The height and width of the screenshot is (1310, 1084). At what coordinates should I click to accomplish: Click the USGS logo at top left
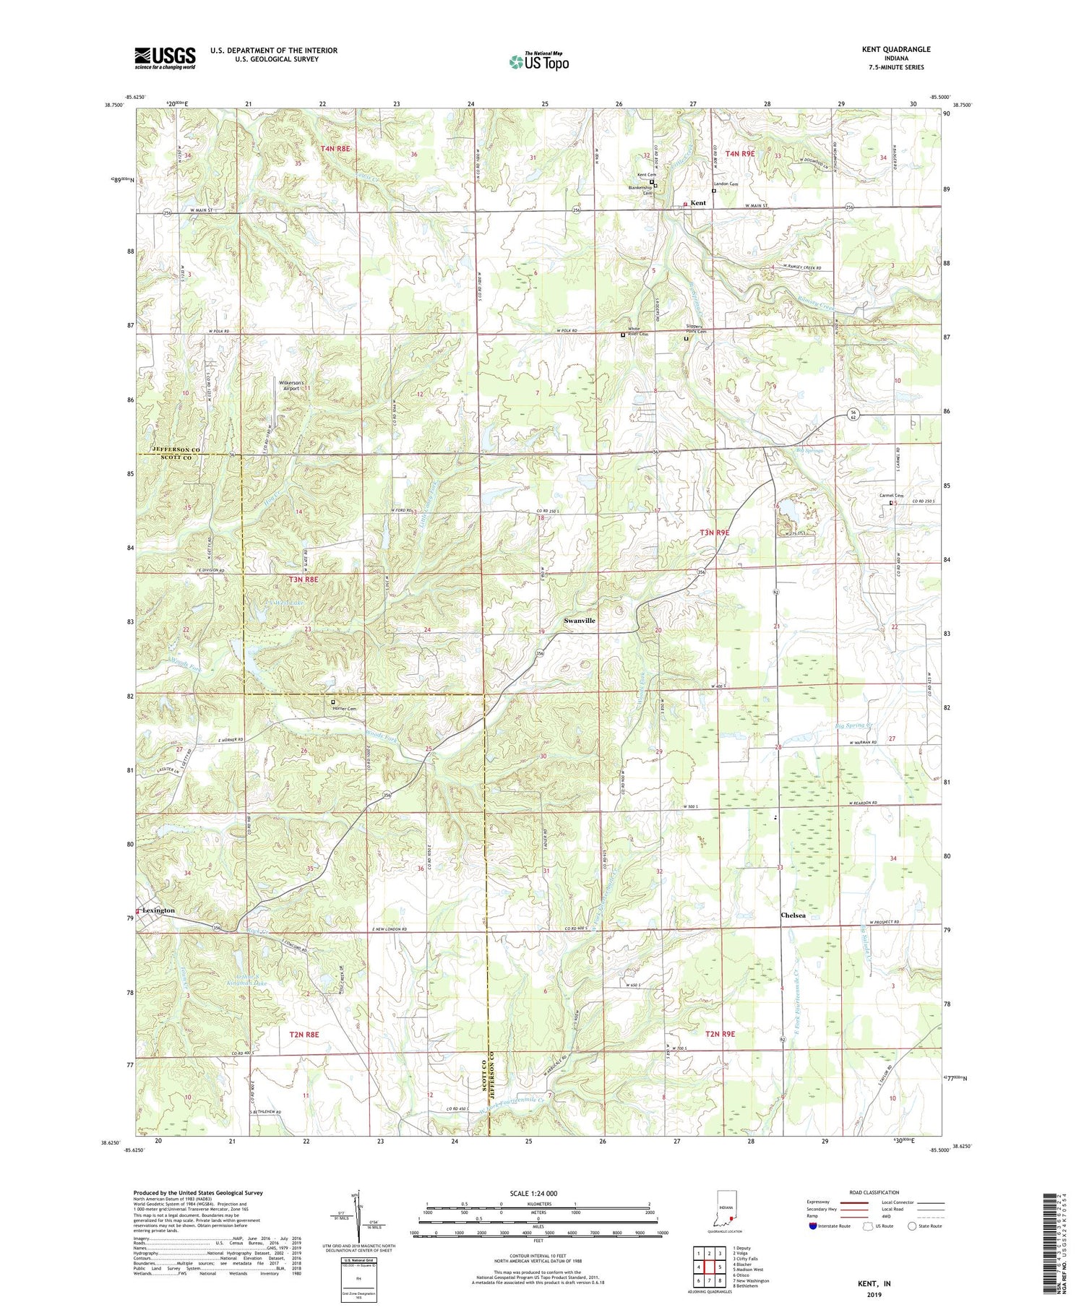coord(165,58)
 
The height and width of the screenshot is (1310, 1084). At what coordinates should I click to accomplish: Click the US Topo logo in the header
coord(538,62)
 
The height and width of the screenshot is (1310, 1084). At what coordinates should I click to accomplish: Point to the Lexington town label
coord(158,910)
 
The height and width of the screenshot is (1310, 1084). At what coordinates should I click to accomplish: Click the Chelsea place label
coord(793,915)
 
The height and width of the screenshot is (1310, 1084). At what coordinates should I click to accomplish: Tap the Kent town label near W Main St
coord(698,203)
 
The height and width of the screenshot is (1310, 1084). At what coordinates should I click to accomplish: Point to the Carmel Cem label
coord(891,496)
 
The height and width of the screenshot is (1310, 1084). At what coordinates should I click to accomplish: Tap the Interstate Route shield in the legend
coord(813,1226)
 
